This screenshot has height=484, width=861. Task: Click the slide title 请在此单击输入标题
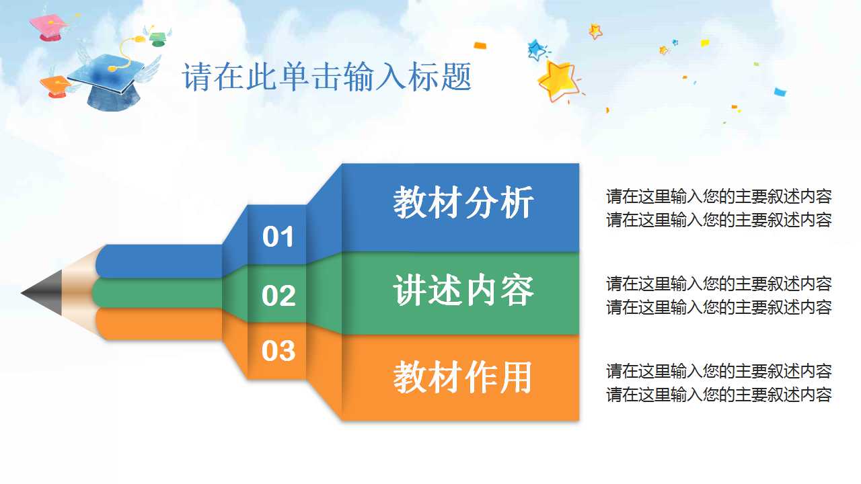pos(327,77)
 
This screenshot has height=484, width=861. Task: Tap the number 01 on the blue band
pos(278,237)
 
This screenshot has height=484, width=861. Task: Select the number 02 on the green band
pos(278,296)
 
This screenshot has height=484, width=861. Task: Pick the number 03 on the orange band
pos(278,351)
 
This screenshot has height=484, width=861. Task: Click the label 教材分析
pos(463,202)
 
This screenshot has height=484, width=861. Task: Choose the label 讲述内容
pos(463,290)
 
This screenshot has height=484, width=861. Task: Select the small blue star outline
pos(536,49)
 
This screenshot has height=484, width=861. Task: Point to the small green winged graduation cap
pos(157,38)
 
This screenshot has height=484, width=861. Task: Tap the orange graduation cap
pos(54,85)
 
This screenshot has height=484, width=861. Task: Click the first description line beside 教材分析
pos(718,196)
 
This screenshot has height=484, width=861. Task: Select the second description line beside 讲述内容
pos(718,307)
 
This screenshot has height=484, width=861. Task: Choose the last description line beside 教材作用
pos(718,395)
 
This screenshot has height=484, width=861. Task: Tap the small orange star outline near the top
pos(595,31)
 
